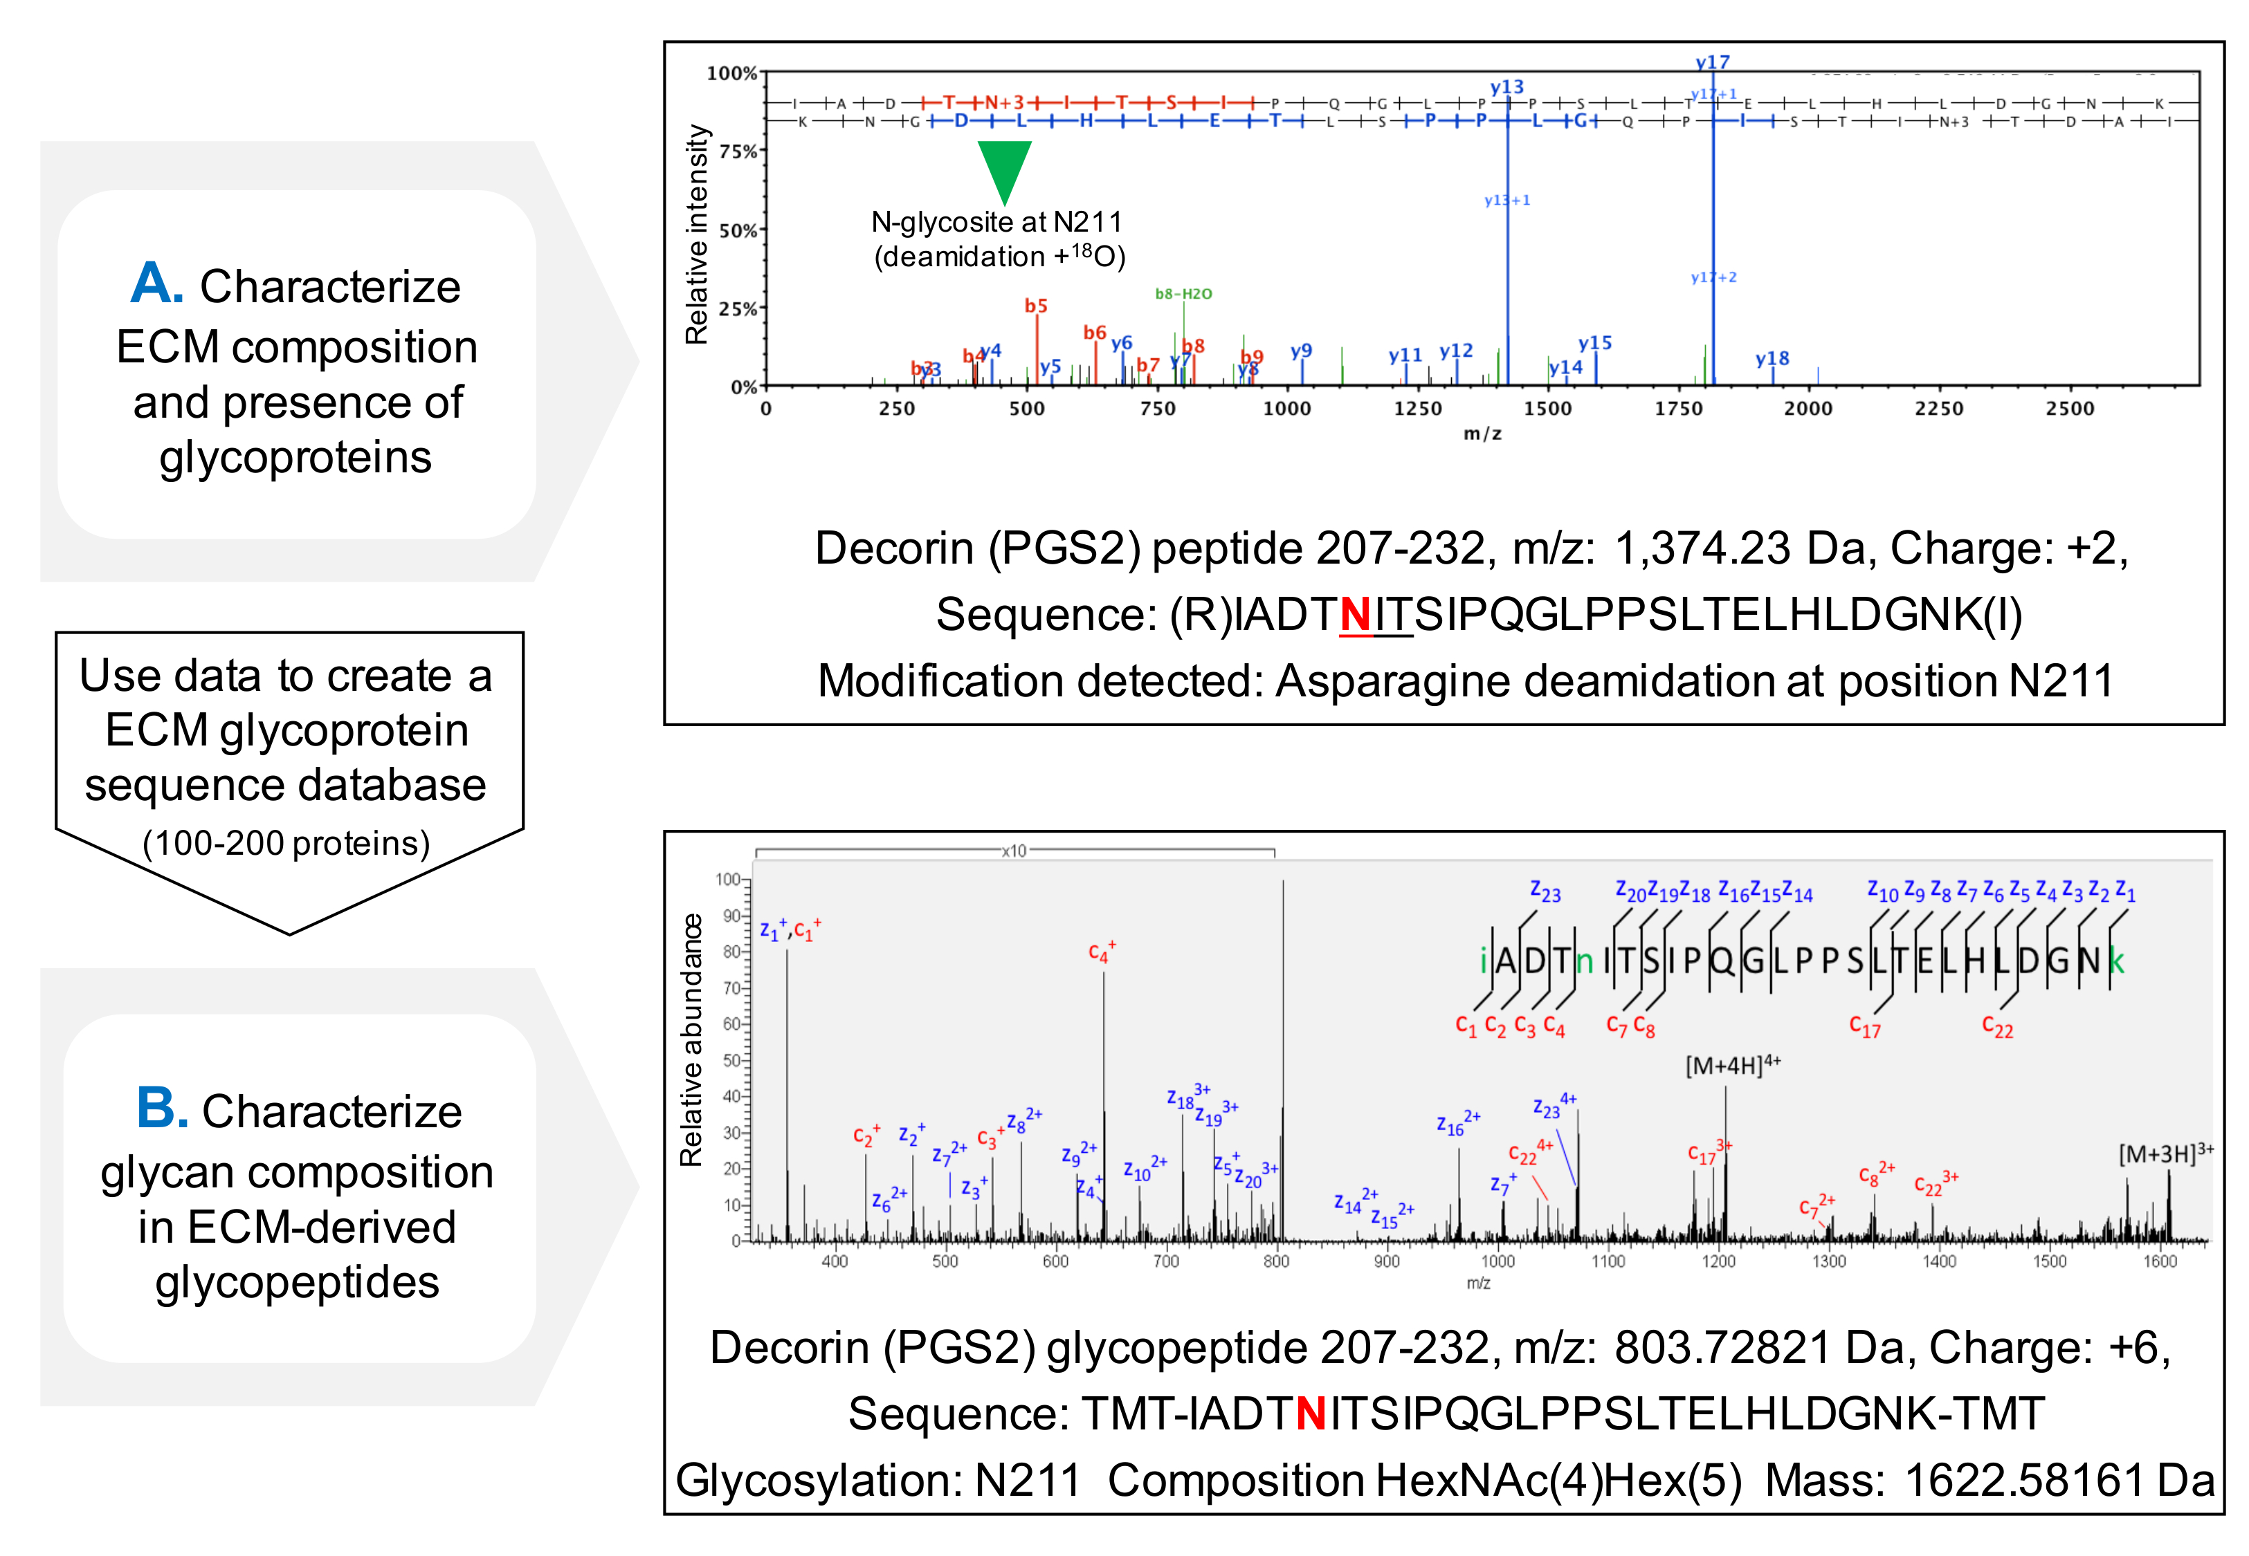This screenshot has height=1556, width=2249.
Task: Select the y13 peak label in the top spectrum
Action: (1506, 86)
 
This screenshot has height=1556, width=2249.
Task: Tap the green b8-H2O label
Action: (1183, 293)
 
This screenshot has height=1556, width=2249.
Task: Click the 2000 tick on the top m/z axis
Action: (1808, 409)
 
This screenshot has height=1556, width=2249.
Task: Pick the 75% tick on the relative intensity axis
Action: (738, 151)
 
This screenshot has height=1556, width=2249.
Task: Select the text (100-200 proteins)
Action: (286, 842)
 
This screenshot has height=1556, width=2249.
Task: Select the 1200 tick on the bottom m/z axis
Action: (1718, 1261)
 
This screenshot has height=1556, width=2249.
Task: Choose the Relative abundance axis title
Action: (691, 1039)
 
